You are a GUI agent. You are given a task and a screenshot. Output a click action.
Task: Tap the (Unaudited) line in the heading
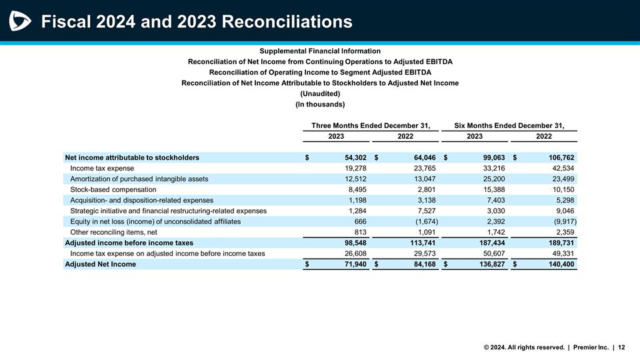(320, 93)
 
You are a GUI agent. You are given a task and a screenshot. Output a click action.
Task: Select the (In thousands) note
(320, 105)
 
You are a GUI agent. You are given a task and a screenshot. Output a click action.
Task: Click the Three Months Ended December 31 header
(371, 125)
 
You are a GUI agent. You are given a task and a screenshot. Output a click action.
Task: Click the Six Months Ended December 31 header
(509, 125)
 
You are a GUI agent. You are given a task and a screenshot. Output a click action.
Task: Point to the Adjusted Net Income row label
(100, 264)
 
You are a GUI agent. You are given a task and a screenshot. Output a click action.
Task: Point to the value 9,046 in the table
(564, 211)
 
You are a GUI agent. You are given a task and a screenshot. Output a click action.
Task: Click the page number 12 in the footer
(621, 347)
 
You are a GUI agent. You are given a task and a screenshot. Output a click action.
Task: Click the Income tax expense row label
(102, 168)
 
